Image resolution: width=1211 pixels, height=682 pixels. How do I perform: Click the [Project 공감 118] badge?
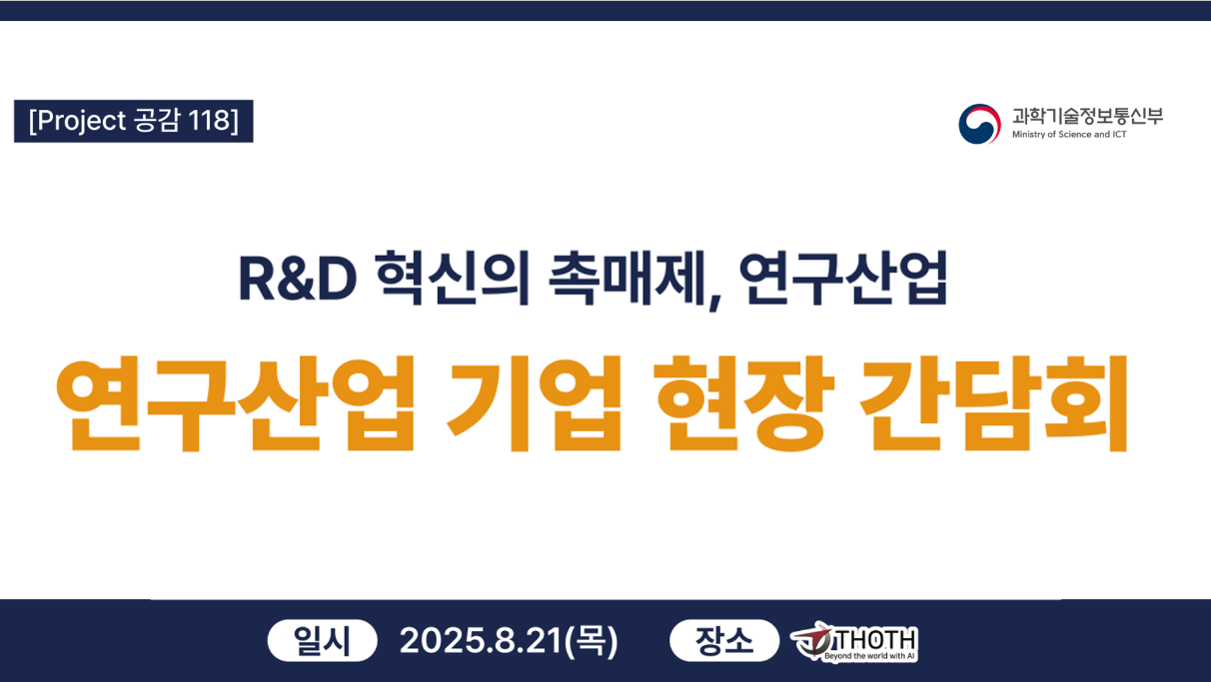(x=134, y=121)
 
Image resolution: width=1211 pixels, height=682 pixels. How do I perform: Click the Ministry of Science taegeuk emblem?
(x=979, y=124)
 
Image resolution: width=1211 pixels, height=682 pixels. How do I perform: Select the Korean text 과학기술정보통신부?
(x=1087, y=116)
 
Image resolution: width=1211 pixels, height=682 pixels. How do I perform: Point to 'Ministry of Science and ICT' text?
(x=1069, y=135)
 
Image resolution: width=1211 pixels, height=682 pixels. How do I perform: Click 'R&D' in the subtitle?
(x=298, y=280)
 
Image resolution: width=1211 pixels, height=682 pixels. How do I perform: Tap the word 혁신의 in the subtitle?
(x=453, y=278)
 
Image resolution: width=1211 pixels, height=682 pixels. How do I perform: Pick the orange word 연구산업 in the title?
(x=236, y=403)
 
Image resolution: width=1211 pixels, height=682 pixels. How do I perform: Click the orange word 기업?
(x=534, y=403)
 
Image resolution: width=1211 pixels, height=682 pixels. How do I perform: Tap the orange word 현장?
(x=744, y=403)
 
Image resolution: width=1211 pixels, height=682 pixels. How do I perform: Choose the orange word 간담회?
(x=993, y=403)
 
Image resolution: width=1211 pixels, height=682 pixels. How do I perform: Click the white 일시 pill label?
(x=322, y=641)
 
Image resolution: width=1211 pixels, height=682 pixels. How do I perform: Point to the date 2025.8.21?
(x=481, y=641)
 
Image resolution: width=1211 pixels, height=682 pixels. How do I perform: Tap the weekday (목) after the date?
(x=591, y=641)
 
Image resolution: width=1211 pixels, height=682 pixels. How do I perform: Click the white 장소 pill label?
(x=724, y=641)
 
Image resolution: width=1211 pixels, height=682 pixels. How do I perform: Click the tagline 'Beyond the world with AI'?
(x=869, y=656)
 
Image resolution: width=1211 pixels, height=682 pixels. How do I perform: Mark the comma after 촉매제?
(x=714, y=302)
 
